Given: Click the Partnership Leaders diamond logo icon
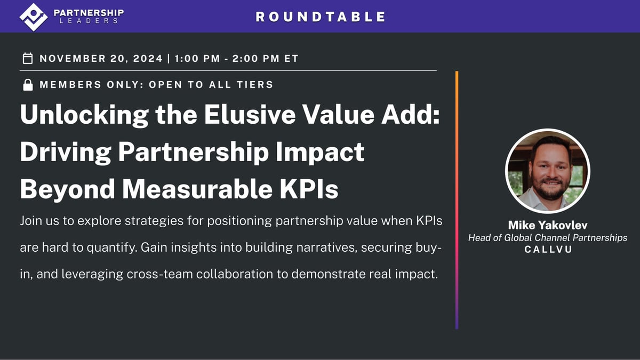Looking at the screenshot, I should click(34, 17).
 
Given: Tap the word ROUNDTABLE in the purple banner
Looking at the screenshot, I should click(321, 17).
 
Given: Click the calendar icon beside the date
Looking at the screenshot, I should click(28, 58).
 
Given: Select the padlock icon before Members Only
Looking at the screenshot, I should click(28, 85).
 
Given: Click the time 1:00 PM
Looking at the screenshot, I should click(197, 58).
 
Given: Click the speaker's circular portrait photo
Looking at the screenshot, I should click(547, 171).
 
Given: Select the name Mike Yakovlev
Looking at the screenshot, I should click(547, 226).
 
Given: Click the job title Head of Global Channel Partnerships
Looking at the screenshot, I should click(547, 238).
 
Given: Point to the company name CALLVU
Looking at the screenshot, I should click(547, 250).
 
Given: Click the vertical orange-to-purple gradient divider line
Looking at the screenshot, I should click(457, 200).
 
